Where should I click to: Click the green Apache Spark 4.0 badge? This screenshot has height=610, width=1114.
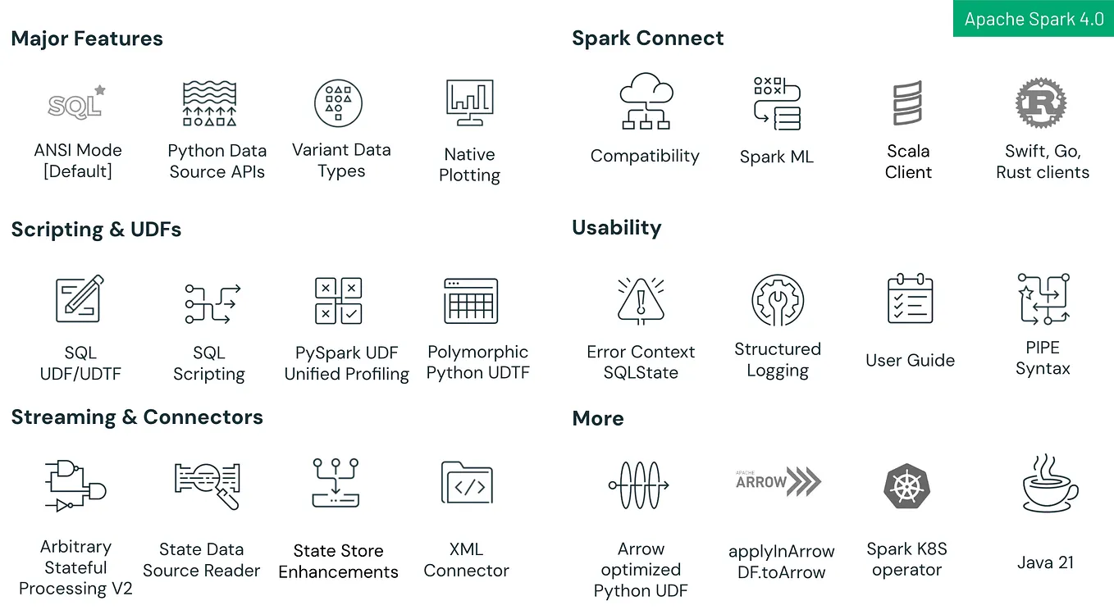(1033, 20)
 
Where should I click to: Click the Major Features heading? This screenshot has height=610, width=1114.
(87, 39)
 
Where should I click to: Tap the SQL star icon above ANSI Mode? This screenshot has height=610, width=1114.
(77, 103)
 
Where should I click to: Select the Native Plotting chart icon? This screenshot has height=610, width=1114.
(469, 103)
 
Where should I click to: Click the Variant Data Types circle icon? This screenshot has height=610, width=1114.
(338, 102)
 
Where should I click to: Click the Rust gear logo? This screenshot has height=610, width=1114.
(1040, 103)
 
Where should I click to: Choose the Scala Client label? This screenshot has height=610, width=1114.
(908, 162)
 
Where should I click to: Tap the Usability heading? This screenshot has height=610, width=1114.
(616, 227)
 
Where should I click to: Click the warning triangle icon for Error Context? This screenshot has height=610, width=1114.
(641, 301)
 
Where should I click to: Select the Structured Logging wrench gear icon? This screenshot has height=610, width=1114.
(777, 300)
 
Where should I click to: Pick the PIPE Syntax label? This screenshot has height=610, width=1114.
(1043, 358)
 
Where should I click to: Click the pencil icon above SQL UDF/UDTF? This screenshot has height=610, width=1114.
(80, 298)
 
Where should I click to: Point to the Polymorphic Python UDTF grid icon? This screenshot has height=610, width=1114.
(471, 301)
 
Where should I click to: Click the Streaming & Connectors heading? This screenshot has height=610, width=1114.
(137, 417)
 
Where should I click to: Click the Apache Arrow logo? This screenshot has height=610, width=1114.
(778, 481)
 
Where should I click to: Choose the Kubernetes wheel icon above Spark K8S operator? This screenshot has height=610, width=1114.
(906, 485)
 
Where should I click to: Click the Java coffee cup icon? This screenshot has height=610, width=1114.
(1049, 484)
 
